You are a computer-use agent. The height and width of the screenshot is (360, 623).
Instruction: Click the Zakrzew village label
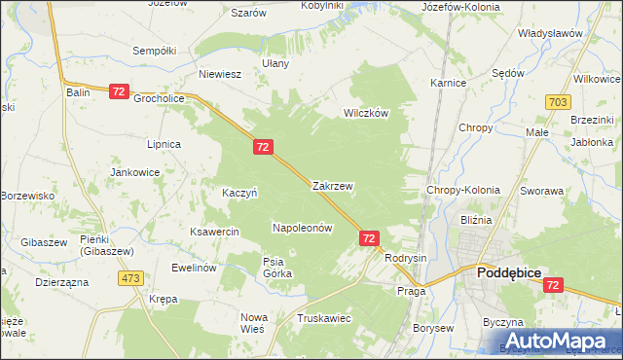click(332, 185)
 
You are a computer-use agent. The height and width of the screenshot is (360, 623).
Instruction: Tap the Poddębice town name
click(514, 274)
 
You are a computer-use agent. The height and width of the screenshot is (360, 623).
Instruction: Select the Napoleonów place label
click(302, 228)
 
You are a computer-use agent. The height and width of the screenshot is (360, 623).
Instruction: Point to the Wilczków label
click(365, 113)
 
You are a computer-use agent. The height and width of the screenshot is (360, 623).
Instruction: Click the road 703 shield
click(558, 102)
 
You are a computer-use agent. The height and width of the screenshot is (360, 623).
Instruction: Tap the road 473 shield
click(130, 279)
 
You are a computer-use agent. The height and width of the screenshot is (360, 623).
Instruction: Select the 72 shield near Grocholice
click(119, 91)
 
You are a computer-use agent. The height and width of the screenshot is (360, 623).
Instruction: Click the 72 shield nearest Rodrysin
click(369, 237)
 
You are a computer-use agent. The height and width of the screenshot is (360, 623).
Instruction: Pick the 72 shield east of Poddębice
click(553, 285)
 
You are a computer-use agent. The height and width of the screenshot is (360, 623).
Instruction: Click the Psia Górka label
click(277, 267)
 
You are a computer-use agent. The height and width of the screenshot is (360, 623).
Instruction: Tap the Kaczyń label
click(238, 193)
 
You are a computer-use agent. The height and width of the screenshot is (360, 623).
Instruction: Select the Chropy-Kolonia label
click(463, 191)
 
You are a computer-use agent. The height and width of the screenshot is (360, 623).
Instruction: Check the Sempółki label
click(154, 50)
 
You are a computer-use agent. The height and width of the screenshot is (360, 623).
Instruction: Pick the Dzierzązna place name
click(61, 282)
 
